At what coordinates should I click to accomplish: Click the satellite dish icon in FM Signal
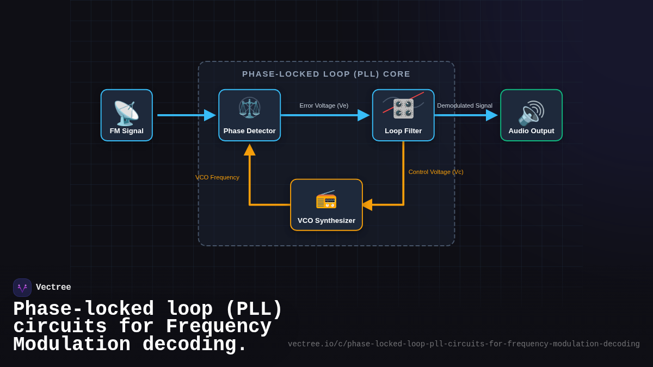point(126,113)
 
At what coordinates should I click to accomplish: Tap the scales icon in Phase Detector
point(249,108)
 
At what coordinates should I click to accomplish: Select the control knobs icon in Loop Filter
point(403,109)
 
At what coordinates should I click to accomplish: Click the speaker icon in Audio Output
point(531,113)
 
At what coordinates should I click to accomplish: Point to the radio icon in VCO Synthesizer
point(326,200)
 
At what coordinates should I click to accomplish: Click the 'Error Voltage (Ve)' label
point(324,105)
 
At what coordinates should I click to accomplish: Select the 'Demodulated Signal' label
point(465,105)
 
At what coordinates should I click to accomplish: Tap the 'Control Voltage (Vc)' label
point(436,172)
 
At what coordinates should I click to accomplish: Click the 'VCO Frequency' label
point(217,177)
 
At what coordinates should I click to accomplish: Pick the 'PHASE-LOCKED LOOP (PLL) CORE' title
point(326,74)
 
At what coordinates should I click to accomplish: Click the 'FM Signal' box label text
point(126,131)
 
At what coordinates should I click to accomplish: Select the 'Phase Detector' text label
point(249,131)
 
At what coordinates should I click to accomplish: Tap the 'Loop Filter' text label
point(403,131)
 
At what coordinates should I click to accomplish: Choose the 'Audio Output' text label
point(531,131)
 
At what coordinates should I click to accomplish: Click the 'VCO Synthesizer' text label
point(326,221)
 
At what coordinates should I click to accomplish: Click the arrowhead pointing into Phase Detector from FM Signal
point(210,115)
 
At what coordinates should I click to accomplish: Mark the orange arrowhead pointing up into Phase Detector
point(250,150)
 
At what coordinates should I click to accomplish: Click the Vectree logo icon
point(22,288)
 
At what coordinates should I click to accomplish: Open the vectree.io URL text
point(464,344)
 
